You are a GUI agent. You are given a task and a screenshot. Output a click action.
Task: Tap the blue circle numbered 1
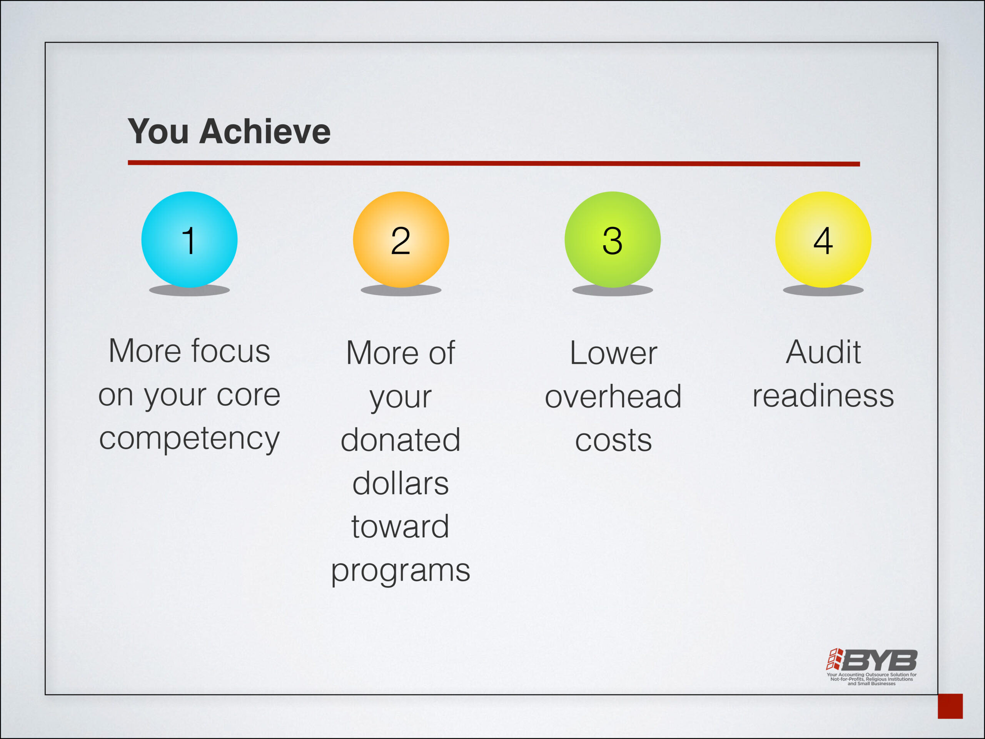(x=189, y=240)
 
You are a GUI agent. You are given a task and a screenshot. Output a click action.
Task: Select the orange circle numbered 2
(x=401, y=240)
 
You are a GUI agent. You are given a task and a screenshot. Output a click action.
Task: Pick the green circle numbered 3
(x=613, y=240)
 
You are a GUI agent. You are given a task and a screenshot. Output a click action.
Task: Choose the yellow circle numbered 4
(x=823, y=240)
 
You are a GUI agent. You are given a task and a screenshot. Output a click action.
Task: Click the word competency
(x=189, y=439)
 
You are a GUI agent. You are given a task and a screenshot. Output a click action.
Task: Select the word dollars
(x=401, y=483)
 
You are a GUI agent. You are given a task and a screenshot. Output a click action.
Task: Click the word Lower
(x=614, y=353)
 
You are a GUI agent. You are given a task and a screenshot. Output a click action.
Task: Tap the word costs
(x=614, y=440)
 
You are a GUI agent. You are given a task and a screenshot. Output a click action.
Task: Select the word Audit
(x=823, y=352)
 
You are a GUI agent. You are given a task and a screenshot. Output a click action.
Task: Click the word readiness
(x=823, y=395)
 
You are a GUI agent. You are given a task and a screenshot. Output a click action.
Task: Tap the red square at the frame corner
(x=950, y=706)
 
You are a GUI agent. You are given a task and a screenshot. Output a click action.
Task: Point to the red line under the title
(x=494, y=163)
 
